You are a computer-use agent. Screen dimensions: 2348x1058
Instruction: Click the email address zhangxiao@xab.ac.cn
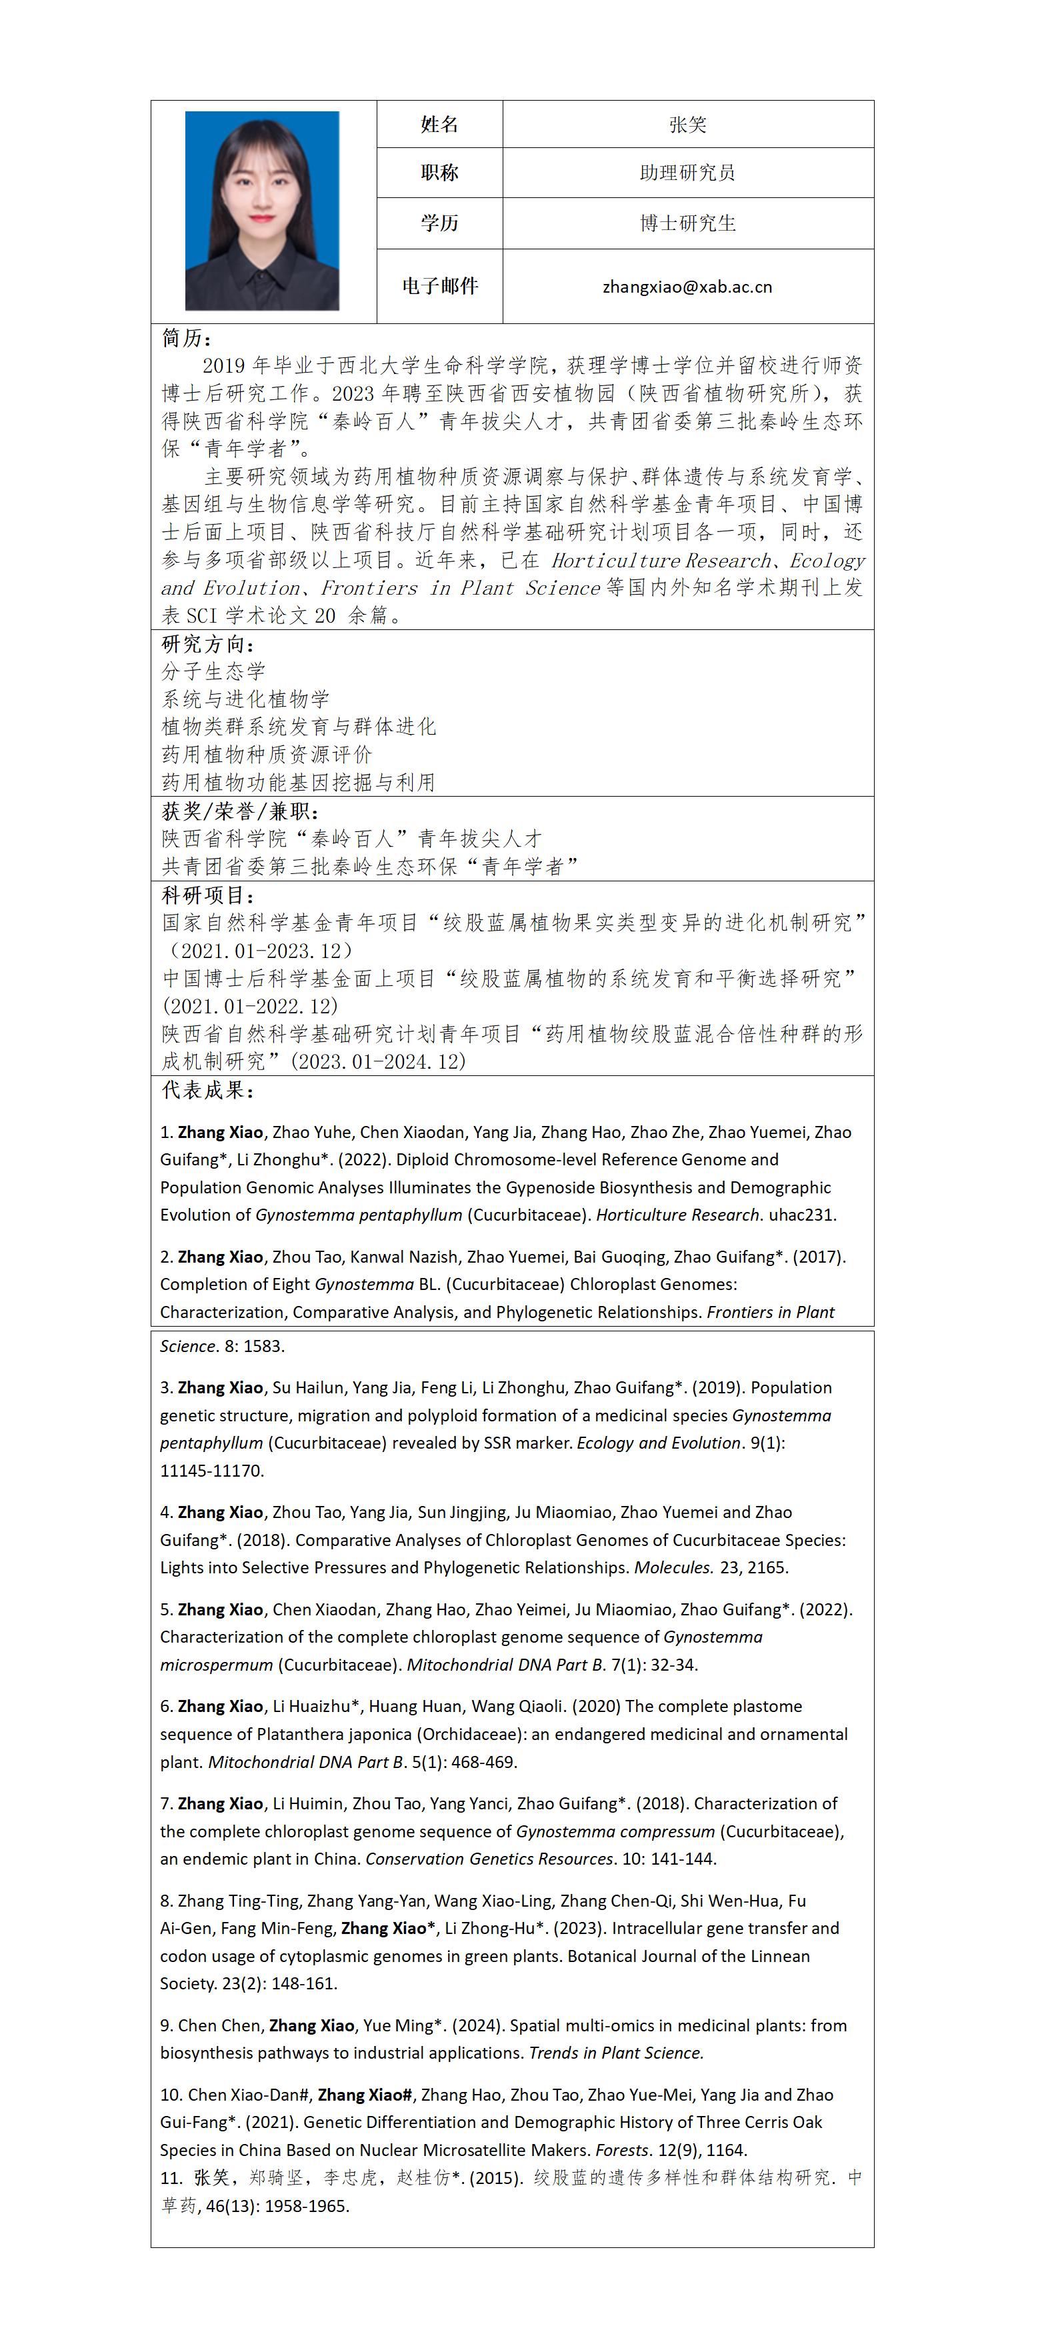click(687, 287)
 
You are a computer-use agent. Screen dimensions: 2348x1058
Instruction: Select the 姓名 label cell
click(439, 125)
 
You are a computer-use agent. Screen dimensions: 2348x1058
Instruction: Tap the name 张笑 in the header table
click(687, 125)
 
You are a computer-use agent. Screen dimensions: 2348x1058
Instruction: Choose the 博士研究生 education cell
click(687, 223)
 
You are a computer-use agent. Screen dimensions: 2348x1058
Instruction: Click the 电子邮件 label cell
click(439, 286)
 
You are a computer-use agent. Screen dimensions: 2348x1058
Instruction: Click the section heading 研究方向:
click(208, 645)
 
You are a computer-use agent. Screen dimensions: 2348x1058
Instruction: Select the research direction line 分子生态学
click(213, 672)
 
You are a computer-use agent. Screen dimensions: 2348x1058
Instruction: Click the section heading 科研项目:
click(208, 895)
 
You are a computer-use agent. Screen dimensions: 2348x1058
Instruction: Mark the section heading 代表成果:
click(208, 1090)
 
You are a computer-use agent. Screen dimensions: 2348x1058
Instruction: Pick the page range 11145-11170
click(211, 1471)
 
